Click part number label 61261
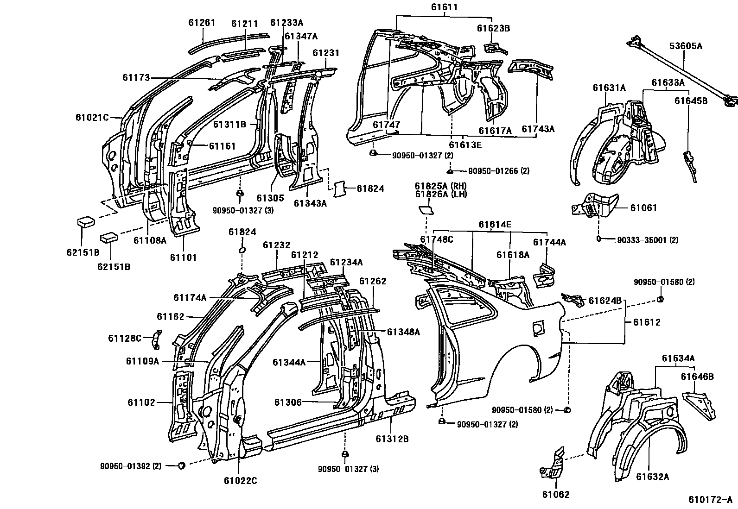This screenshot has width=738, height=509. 202,23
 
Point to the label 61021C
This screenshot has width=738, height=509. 92,118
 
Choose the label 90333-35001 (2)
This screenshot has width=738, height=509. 648,240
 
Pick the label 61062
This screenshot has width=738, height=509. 555,494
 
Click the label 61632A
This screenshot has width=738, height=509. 652,477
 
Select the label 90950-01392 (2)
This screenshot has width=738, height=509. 131,466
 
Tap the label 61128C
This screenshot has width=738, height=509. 125,338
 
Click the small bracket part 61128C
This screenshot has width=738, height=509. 157,340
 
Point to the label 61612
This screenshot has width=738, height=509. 645,322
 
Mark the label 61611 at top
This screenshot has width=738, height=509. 444,7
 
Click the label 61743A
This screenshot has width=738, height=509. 538,129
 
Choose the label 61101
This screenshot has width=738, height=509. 183,258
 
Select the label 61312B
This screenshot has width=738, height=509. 392,439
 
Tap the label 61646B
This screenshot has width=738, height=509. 697,377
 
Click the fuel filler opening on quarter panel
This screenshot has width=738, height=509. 538,327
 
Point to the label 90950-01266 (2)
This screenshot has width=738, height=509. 499,171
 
